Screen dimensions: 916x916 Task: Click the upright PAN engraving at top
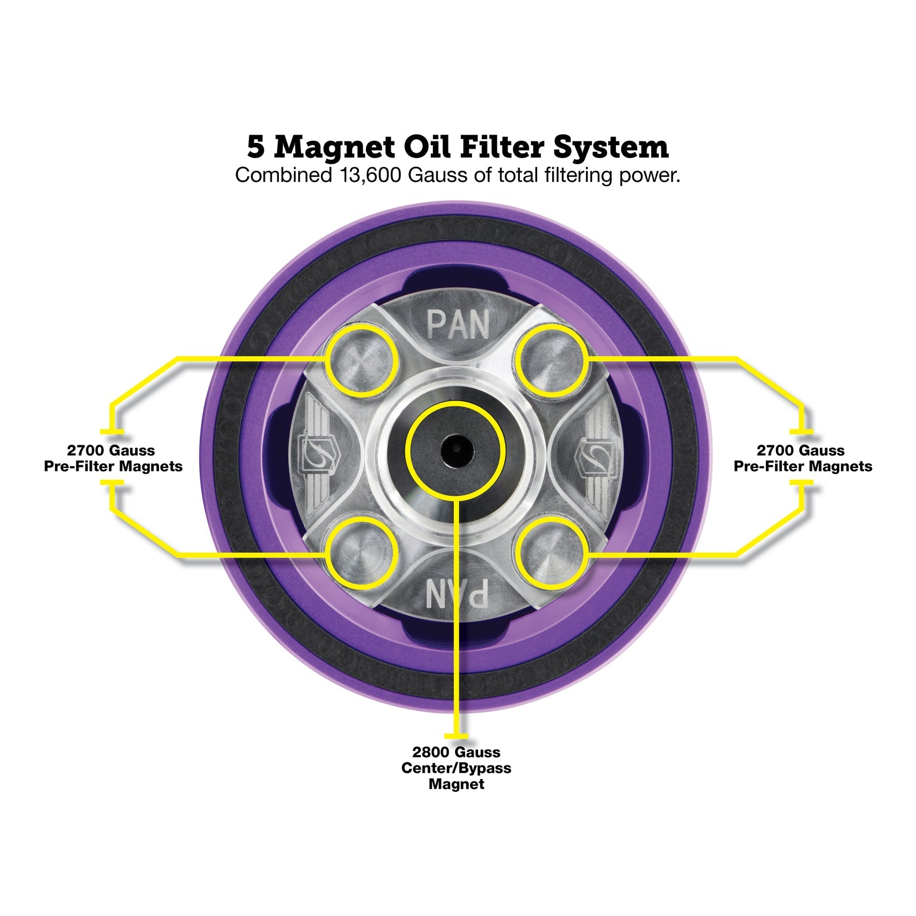point(457,324)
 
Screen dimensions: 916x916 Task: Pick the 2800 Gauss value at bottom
point(456,752)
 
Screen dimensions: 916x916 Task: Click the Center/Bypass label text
point(456,769)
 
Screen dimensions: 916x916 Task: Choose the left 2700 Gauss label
point(111,450)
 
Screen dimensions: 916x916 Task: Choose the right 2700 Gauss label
point(801,450)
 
